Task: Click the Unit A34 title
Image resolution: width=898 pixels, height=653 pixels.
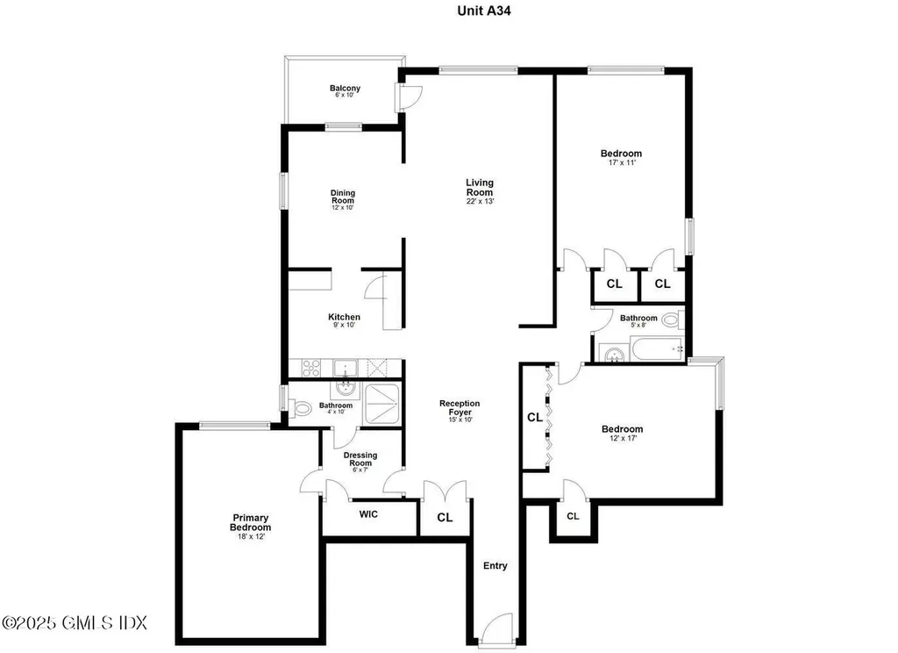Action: tap(484, 11)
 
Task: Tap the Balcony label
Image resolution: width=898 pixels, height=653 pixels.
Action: tap(345, 89)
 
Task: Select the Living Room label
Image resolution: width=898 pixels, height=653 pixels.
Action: tap(480, 188)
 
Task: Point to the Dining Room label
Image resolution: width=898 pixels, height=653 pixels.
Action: tap(343, 197)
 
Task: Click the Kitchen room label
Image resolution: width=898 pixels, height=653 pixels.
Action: tap(344, 317)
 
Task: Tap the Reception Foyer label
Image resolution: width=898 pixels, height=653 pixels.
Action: tap(460, 407)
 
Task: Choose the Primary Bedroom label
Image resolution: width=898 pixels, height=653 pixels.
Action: tap(250, 522)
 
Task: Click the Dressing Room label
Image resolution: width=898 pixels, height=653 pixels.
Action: tap(360, 459)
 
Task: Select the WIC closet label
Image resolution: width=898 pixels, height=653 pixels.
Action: tap(368, 514)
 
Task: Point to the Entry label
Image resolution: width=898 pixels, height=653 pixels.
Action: tap(495, 566)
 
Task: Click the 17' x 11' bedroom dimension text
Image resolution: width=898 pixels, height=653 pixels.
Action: tap(622, 163)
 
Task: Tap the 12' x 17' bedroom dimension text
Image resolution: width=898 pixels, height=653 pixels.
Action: tap(623, 439)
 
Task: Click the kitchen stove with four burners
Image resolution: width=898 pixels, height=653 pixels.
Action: tap(311, 368)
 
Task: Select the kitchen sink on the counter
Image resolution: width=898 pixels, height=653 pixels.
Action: tap(345, 368)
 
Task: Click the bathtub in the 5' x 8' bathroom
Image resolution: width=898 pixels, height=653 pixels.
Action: tap(657, 349)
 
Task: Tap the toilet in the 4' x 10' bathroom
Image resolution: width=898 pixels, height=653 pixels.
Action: tap(298, 408)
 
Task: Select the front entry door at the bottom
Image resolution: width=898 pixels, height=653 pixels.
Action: tap(496, 629)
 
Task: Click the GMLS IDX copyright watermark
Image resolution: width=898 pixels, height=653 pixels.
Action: tap(75, 622)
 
